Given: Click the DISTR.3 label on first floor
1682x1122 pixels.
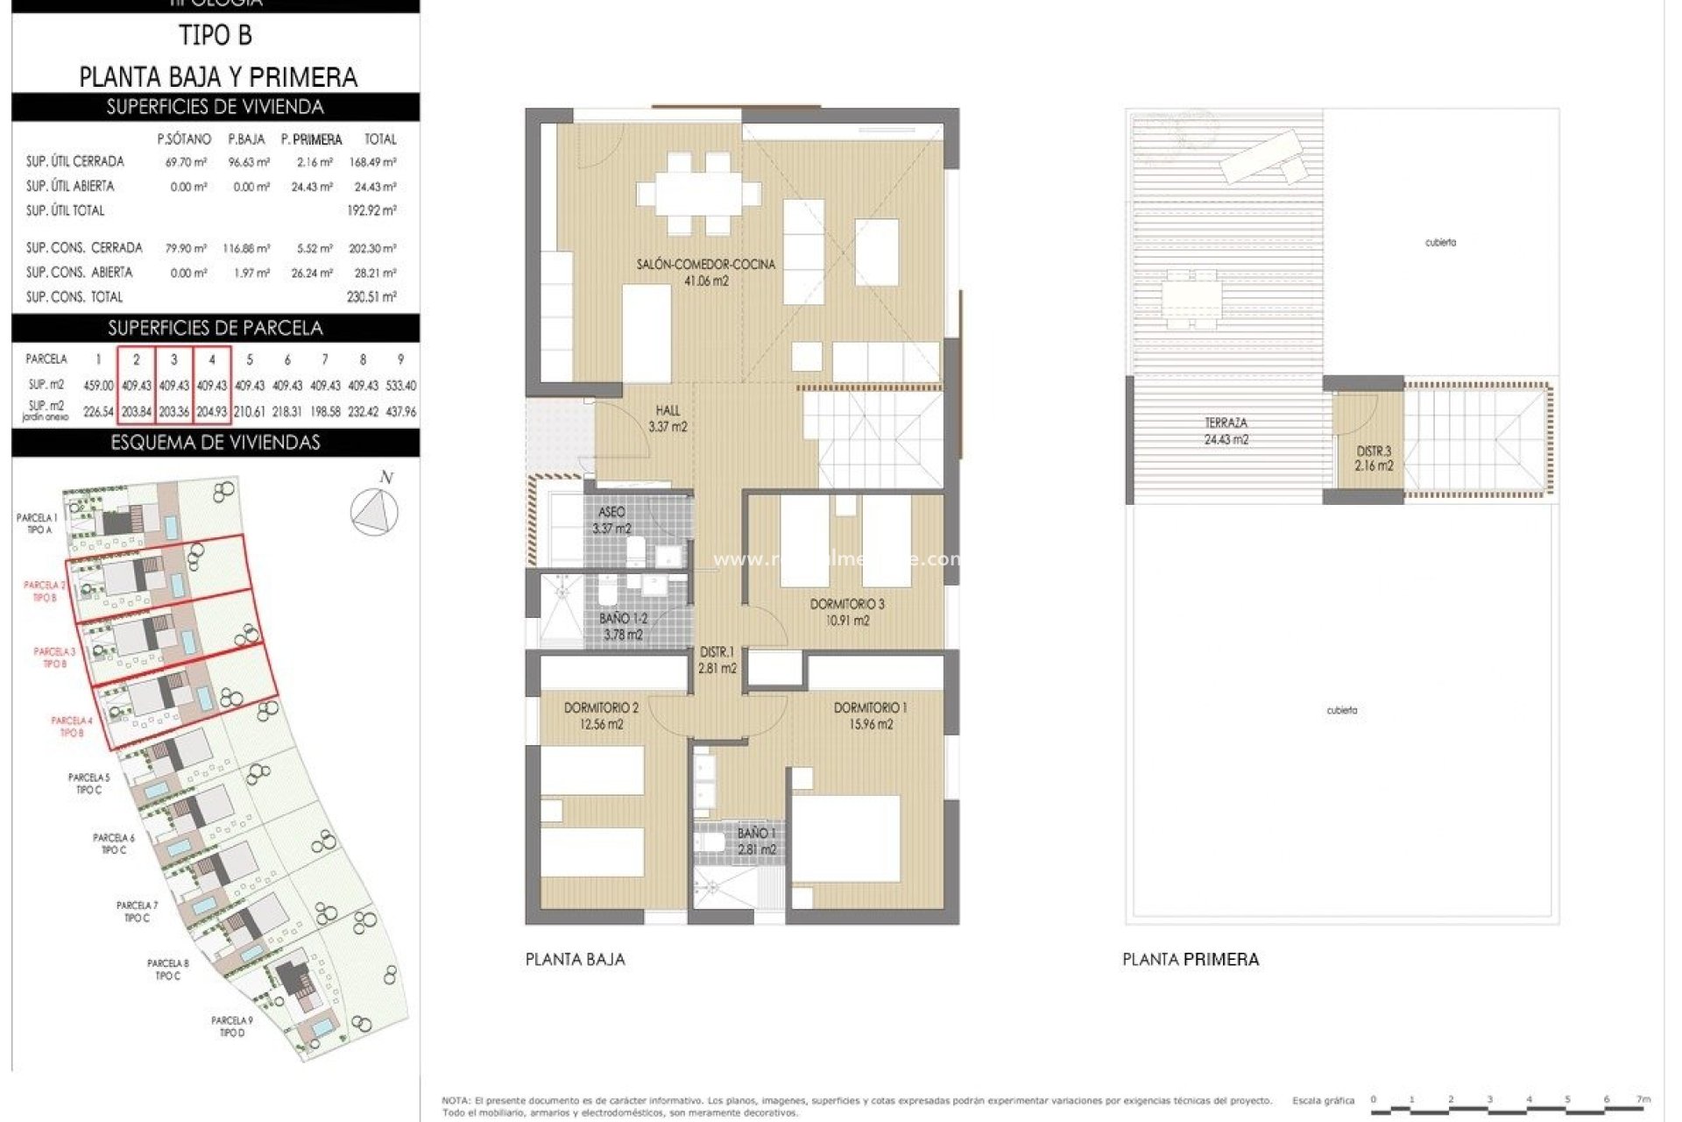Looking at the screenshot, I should (1374, 458).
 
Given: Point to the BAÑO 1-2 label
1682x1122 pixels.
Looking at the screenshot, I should (623, 626).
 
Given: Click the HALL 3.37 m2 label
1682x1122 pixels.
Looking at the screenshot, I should (668, 418).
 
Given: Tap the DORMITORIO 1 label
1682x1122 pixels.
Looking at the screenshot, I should (870, 715).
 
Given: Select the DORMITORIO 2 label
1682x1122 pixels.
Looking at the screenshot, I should (601, 715).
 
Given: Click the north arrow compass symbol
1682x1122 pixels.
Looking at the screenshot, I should (375, 511).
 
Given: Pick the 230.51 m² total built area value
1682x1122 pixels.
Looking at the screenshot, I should (371, 297).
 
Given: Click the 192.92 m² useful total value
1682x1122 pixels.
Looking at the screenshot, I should (371, 210).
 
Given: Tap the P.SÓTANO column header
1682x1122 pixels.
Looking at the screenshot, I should (184, 139).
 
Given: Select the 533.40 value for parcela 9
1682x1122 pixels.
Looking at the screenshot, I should (400, 386).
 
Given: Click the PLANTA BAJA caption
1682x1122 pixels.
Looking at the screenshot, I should (575, 960).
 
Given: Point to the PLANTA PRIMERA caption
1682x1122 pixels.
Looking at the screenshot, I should (1191, 960).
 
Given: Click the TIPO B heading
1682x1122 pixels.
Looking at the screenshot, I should (216, 36).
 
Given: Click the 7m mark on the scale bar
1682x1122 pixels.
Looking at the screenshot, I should (1643, 1099).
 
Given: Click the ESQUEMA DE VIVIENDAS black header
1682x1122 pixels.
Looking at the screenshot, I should (216, 443).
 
